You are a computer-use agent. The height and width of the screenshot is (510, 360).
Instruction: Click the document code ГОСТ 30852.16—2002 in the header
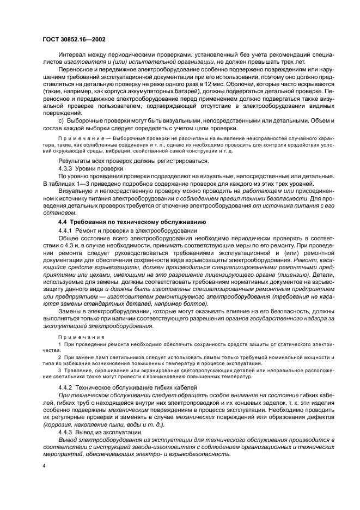tap(74, 40)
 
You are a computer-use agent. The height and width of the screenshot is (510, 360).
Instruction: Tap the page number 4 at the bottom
tap(43, 466)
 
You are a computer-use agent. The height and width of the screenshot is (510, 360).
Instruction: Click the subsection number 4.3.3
tap(66, 169)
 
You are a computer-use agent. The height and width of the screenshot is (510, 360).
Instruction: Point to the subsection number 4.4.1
tap(66, 232)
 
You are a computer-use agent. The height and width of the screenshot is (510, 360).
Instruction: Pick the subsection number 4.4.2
tap(66, 387)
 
